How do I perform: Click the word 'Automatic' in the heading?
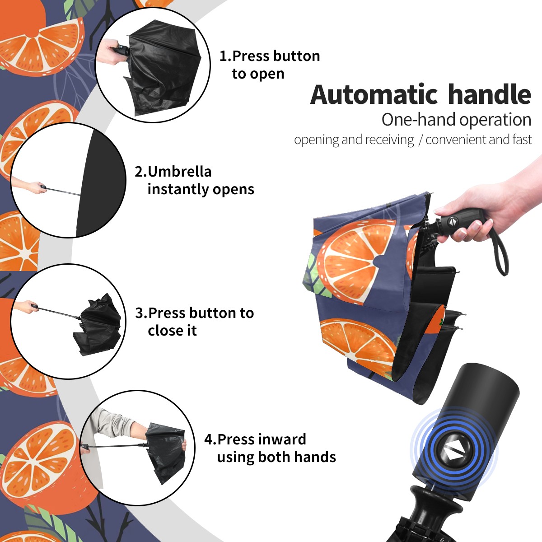click(x=374, y=94)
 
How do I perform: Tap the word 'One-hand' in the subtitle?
click(x=419, y=120)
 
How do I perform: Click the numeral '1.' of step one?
click(x=225, y=56)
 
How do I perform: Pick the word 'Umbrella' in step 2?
click(x=179, y=172)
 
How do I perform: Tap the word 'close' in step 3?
click(x=164, y=330)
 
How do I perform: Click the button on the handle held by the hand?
click(x=453, y=221)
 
